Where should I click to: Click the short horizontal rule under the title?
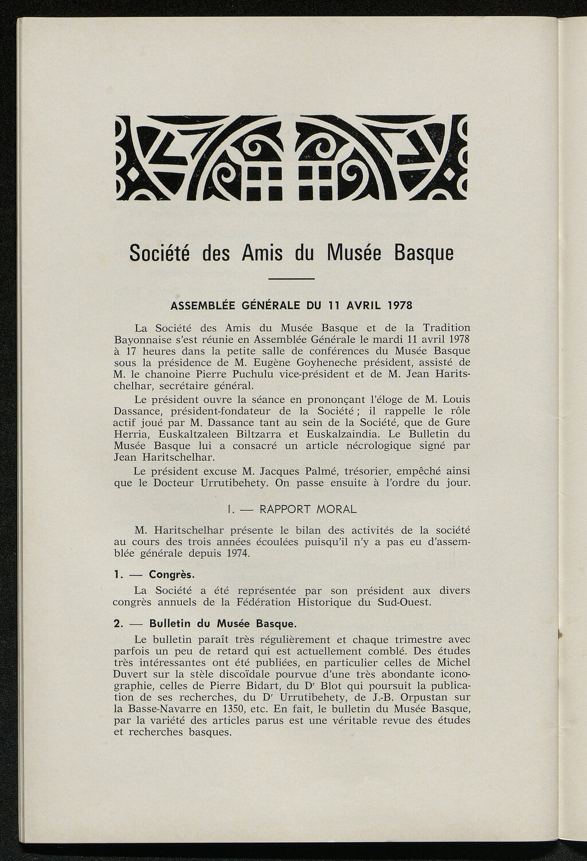291,279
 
